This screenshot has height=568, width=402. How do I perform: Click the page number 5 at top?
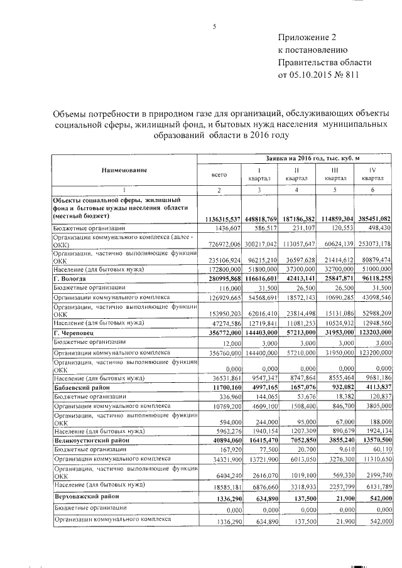click(x=214, y=26)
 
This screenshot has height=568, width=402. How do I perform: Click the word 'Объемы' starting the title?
click(x=67, y=114)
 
